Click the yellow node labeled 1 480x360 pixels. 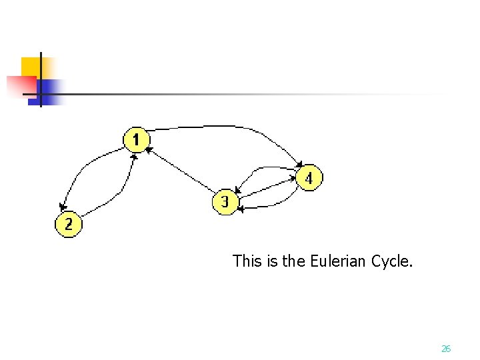(x=136, y=140)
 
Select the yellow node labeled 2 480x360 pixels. (x=68, y=224)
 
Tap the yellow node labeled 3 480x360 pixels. (x=225, y=201)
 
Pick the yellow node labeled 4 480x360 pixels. (x=308, y=178)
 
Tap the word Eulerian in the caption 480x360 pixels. (x=339, y=261)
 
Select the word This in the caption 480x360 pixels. (x=247, y=261)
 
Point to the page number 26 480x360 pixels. (x=446, y=349)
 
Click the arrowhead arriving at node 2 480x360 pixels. (x=62, y=208)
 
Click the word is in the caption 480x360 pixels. (x=271, y=261)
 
